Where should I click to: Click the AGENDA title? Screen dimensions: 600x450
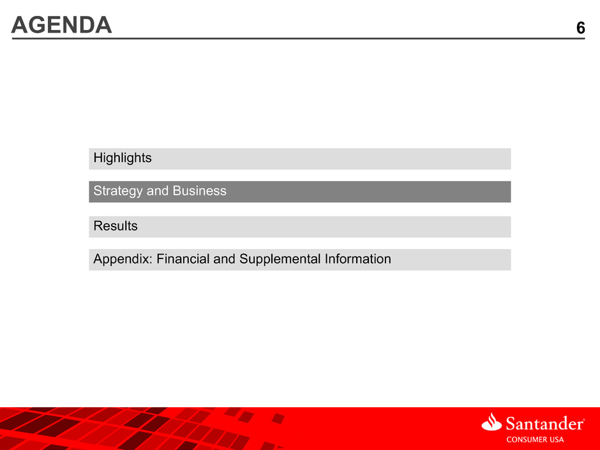click(62, 25)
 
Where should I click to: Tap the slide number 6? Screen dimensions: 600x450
click(580, 28)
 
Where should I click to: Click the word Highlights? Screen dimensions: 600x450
click(123, 158)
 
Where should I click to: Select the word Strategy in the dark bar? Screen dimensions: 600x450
click(118, 191)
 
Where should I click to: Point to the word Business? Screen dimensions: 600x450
click(199, 191)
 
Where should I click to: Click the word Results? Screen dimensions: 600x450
click(116, 226)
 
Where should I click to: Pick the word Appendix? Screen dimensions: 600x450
click(123, 259)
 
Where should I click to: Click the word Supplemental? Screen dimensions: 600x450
click(280, 259)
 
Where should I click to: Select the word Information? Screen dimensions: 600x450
click(358, 259)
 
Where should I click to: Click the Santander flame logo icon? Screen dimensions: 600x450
click(491, 422)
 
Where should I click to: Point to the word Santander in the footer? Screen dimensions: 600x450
click(544, 424)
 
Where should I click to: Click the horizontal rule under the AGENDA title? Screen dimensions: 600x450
click(298, 38)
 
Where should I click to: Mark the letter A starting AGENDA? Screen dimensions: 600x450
click(19, 25)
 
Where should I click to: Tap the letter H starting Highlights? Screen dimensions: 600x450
click(98, 157)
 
